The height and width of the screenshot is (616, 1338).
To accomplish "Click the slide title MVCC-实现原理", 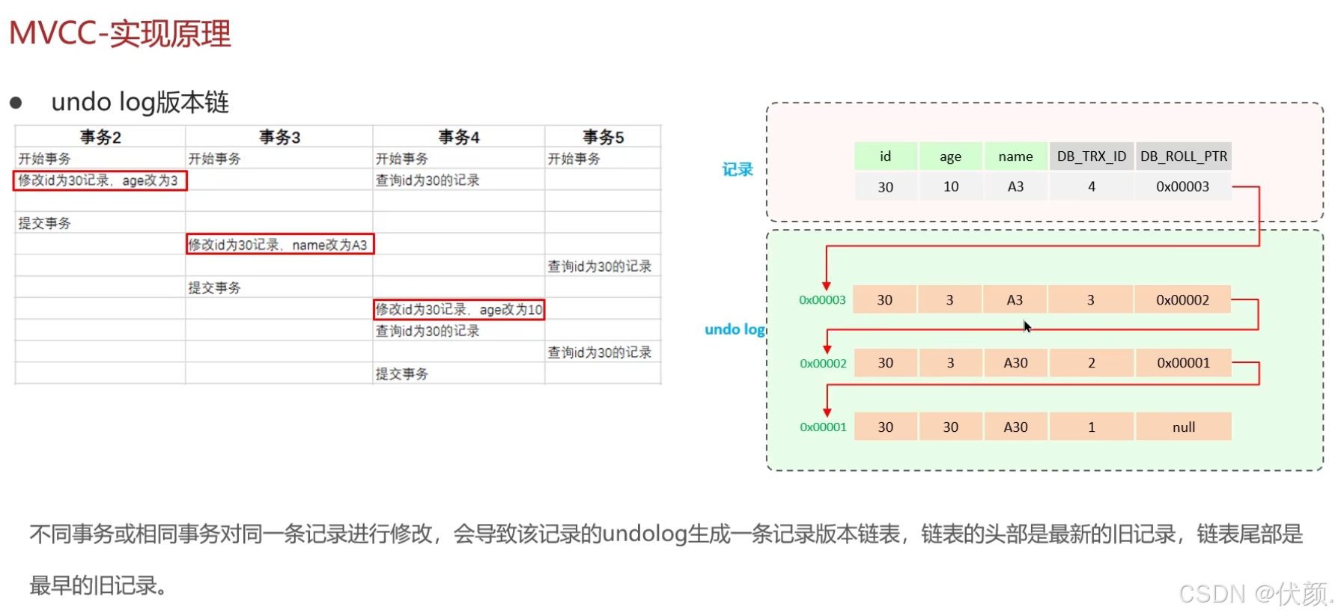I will (120, 34).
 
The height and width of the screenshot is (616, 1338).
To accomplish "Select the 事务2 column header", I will (100, 137).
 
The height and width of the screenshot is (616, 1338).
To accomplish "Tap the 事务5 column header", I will (603, 137).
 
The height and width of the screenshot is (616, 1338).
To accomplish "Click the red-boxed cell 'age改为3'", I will (100, 180).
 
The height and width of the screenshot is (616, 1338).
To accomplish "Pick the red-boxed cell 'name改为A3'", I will (279, 245).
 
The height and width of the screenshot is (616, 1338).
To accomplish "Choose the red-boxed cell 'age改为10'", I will (459, 309).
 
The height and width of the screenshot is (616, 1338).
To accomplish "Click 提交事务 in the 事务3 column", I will (214, 287).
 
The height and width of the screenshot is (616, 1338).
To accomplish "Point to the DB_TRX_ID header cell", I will (1091, 156).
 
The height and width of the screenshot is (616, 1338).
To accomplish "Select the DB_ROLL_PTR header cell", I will (1183, 156).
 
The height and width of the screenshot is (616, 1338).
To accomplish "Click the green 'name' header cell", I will (1015, 156).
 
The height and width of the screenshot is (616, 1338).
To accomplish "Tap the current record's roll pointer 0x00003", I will (1182, 186).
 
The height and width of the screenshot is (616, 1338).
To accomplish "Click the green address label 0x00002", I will (823, 364).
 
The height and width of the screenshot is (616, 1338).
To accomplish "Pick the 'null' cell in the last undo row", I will (1183, 427).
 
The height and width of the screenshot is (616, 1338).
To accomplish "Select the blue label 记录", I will (738, 170).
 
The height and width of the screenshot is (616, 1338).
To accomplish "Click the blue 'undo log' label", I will (735, 329).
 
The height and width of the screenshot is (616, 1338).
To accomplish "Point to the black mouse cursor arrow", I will (1027, 326).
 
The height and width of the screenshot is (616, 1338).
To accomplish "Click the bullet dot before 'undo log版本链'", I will (16, 103).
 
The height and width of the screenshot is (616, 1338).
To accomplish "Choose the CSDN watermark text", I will (1255, 594).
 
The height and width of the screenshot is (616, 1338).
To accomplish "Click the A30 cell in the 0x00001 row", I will (1015, 427).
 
